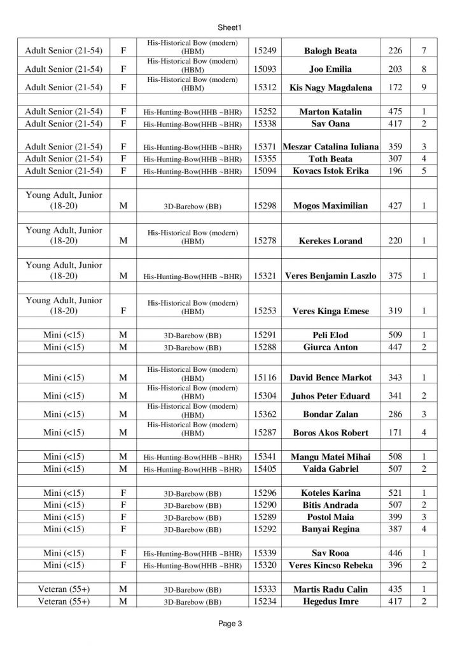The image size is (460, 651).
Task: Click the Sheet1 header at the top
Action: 230,27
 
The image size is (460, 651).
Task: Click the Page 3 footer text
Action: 230,624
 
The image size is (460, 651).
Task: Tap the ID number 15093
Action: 265,69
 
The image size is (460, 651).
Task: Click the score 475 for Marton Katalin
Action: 394,111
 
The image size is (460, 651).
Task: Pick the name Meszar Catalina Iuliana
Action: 331,147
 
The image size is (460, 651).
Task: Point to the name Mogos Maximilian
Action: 331,206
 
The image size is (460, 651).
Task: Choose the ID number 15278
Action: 265,241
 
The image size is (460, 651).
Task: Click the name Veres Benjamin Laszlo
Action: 331,276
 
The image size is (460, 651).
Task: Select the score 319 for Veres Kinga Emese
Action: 394,311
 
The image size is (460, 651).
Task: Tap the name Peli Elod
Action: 331,335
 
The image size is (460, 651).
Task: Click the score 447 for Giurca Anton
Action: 394,347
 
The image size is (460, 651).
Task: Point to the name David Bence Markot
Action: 331,378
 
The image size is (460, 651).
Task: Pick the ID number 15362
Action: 265,414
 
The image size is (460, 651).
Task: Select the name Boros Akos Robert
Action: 331,433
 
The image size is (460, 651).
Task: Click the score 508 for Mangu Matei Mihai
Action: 394,456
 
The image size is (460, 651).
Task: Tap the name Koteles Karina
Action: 331,493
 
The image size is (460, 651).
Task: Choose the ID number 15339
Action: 265,553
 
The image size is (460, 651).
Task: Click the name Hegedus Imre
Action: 331,601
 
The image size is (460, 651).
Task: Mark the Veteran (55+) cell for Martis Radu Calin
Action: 64,589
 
